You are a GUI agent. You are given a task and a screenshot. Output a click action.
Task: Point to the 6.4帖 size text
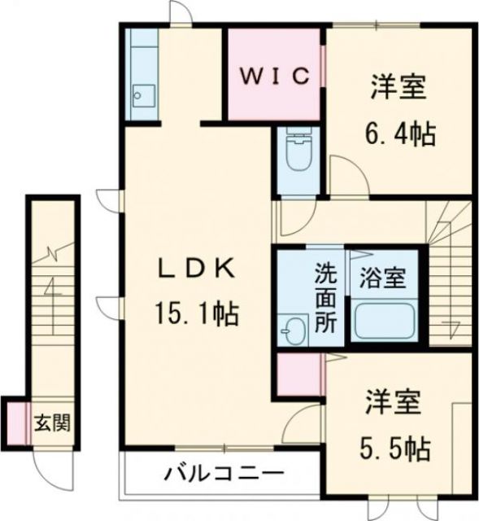pos(399,131)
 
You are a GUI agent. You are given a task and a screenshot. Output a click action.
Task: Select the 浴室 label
pos(383,278)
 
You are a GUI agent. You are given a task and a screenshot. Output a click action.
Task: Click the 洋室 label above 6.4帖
pos(398,88)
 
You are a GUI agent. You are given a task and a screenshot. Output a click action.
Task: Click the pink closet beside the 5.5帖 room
pos(298,374)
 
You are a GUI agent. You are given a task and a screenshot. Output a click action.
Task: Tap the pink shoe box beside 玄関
pos(15,422)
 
